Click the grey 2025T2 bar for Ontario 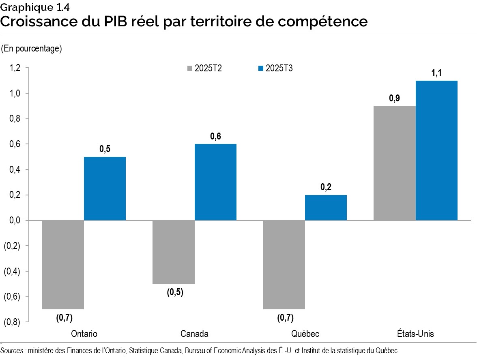63,264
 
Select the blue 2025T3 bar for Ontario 105,189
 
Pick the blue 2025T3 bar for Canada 215,182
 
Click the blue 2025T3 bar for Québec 326,208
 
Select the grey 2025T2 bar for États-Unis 394,163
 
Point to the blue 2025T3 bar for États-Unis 436,150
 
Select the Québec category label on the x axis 305,334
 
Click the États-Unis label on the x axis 415,334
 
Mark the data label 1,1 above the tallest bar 436,73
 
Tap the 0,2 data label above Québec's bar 326,187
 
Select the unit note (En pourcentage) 31,49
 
